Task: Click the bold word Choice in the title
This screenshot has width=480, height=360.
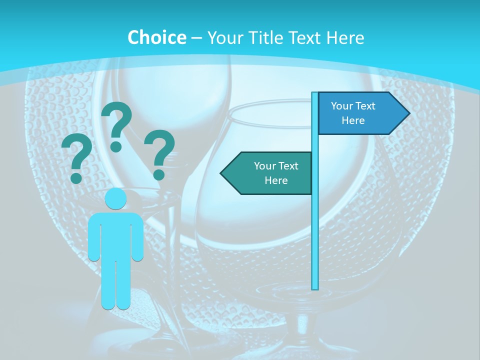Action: click(156, 38)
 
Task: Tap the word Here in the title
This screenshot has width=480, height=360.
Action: click(345, 38)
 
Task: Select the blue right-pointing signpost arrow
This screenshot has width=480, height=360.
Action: click(360, 113)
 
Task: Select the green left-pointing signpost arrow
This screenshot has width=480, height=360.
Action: click(270, 173)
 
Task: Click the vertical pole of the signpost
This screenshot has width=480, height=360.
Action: click(315, 225)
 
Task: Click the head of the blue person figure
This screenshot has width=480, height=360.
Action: click(115, 199)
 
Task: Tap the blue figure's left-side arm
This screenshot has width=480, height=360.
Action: click(94, 240)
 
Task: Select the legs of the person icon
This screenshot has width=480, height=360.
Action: click(115, 285)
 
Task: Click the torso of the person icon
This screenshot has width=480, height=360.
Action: click(115, 235)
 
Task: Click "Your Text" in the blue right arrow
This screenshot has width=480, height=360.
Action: click(353, 106)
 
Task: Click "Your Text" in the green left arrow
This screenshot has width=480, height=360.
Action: click(276, 166)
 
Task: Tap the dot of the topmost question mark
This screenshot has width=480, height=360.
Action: click(116, 146)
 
